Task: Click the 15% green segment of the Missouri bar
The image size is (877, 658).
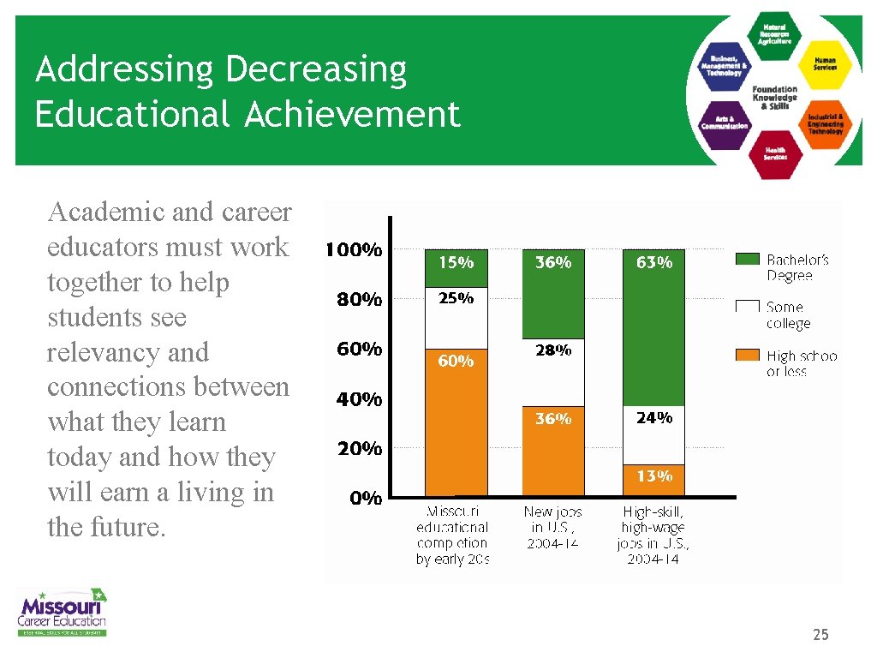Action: click(456, 267)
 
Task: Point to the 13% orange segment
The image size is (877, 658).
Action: click(653, 480)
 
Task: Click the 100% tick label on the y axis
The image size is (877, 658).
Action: click(352, 251)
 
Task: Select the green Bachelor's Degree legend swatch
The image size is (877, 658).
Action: click(748, 258)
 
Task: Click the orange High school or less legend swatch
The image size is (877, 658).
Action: click(748, 355)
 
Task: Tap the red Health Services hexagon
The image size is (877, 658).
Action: click(775, 153)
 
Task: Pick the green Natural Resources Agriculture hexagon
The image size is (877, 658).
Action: click(775, 33)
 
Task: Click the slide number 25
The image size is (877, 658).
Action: click(820, 635)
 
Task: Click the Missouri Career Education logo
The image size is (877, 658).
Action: click(63, 612)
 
